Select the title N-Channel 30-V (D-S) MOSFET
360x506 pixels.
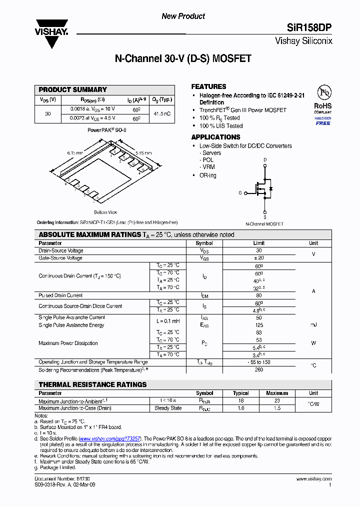[183, 59]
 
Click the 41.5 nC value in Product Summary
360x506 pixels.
[162, 114]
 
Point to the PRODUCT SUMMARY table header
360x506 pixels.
[73, 90]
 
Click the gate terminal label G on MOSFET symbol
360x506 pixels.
[240, 192]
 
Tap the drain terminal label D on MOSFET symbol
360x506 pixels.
[265, 160]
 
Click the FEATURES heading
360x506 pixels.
[208, 86]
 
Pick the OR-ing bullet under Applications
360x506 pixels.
[208, 175]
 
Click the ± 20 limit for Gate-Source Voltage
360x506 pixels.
[258, 258]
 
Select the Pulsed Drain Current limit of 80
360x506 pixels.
[258, 295]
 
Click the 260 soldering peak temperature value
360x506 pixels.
[258, 370]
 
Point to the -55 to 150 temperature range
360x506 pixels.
[258, 362]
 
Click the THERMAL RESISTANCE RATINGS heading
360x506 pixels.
[93, 384]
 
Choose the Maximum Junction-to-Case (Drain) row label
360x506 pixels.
[75, 408]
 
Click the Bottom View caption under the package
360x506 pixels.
[105, 212]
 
